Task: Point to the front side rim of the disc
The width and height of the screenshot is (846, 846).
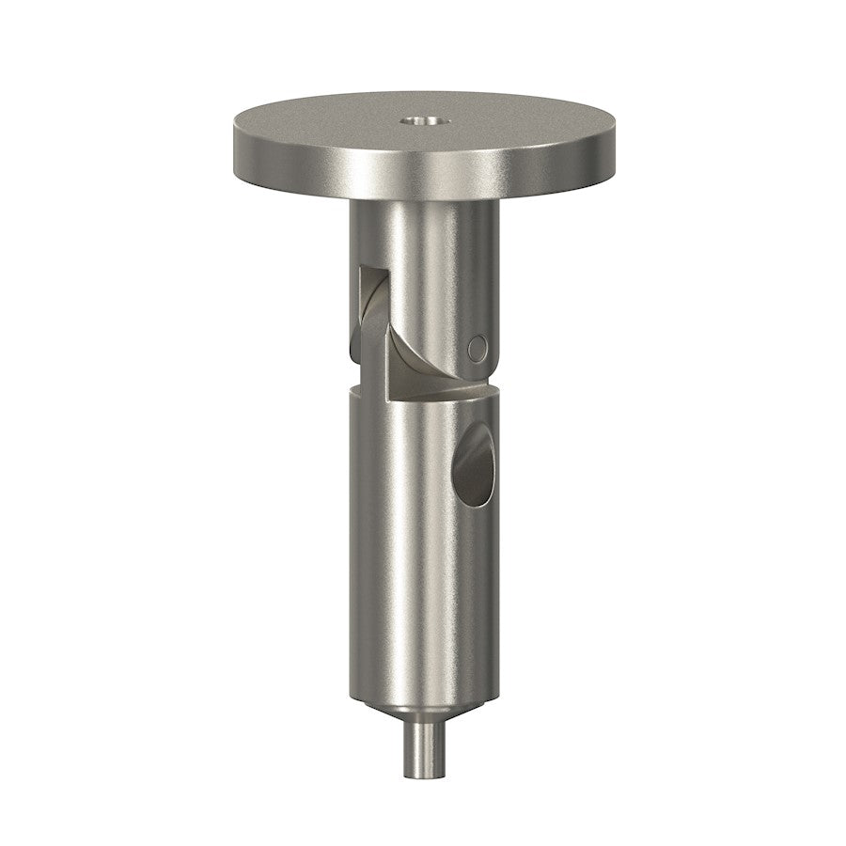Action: pos(423,179)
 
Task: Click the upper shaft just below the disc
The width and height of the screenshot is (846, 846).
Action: pos(423,235)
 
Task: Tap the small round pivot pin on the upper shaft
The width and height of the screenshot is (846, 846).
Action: pos(477,348)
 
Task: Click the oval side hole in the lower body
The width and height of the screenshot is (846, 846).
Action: pos(472,467)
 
